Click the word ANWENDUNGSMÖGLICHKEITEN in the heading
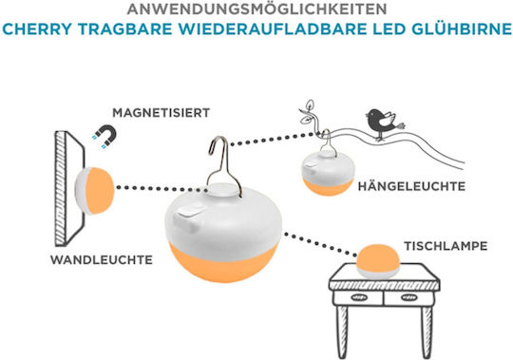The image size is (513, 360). tap(256, 9)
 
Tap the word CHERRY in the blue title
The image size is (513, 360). tap(37, 29)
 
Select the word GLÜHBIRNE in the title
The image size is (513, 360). tap(462, 29)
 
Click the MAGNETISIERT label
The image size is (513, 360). tap(161, 113)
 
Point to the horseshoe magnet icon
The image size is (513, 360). tap(105, 137)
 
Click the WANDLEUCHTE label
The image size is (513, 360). tap(102, 260)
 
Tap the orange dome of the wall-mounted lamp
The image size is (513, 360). tap(100, 191)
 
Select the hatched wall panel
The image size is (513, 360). tap(61, 189)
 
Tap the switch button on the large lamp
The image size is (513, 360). tap(189, 212)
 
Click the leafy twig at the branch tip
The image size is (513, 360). tap(309, 113)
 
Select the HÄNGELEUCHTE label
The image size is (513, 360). tap(411, 186)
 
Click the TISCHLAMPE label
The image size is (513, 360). tap(446, 246)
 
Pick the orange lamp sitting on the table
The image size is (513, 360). tap(378, 260)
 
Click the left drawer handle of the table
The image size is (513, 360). tap(359, 298)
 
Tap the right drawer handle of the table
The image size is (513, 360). tap(409, 298)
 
